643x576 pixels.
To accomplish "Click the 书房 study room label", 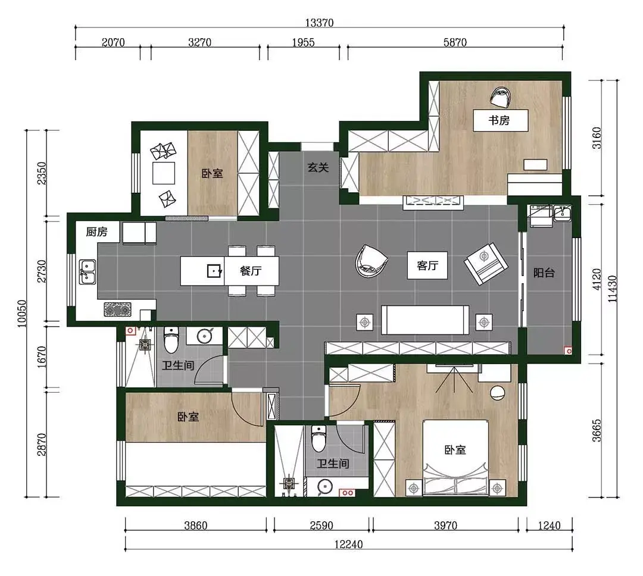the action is click(x=499, y=120).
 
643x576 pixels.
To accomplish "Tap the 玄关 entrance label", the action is click(x=318, y=167).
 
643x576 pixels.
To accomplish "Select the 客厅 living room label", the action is click(x=427, y=265).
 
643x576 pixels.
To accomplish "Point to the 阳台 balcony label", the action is click(x=544, y=273).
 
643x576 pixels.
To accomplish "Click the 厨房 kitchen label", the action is click(x=97, y=232).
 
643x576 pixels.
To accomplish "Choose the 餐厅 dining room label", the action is click(x=251, y=271).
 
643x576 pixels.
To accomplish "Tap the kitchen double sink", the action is click(x=88, y=272).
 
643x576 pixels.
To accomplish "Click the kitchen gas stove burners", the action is click(x=118, y=309).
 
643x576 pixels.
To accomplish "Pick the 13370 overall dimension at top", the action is click(x=319, y=23).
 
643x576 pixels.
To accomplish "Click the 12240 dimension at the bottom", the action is click(x=348, y=544).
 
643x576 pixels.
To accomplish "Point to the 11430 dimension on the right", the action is click(x=612, y=289).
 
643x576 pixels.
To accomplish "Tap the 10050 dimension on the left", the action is click(x=22, y=314).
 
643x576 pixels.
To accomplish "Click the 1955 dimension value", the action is click(x=304, y=42).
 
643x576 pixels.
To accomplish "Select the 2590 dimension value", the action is click(x=321, y=525).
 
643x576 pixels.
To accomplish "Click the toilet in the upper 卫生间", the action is click(x=171, y=339).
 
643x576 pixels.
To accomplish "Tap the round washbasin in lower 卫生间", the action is click(x=325, y=486).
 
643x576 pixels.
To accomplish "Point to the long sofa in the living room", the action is click(x=425, y=320).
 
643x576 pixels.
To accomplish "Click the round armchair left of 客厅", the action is click(x=371, y=261).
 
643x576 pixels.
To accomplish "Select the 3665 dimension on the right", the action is click(x=597, y=430).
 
